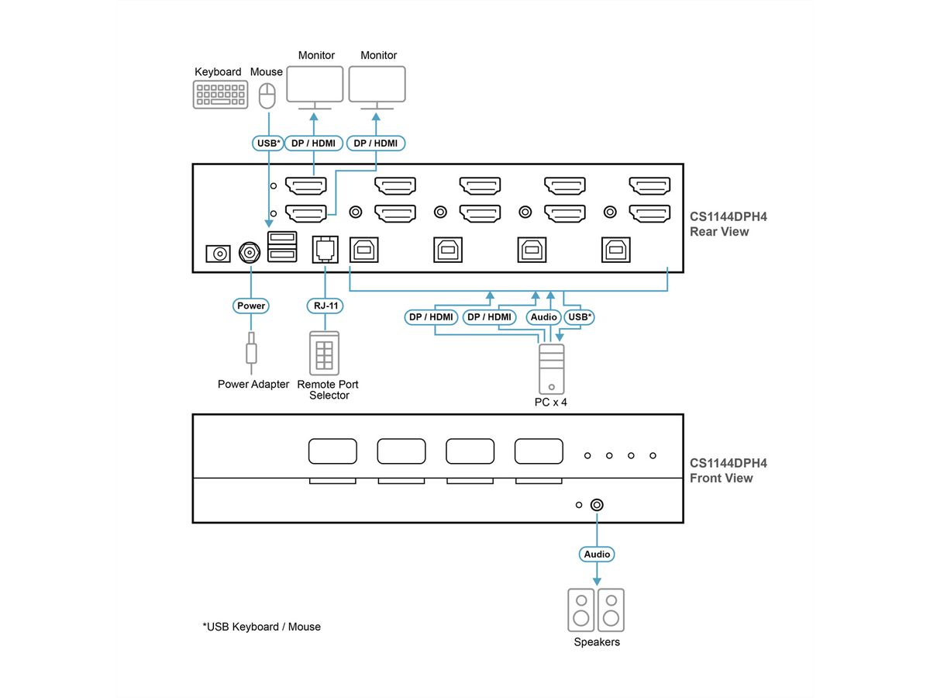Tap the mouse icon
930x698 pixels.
point(267,96)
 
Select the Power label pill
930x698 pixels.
point(251,306)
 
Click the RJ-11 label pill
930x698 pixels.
point(324,306)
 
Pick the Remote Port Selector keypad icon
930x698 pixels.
point(324,354)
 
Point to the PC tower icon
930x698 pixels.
point(551,368)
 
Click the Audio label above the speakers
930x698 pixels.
point(597,555)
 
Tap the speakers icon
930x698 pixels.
point(597,610)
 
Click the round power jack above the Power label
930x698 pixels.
point(250,252)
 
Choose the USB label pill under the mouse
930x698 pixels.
point(268,143)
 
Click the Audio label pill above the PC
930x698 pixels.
point(544,317)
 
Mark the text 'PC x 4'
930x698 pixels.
point(551,403)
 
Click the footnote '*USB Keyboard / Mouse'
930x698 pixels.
point(261,627)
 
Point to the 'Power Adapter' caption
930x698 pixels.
point(253,384)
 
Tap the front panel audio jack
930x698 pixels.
point(597,505)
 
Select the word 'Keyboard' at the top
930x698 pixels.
point(218,72)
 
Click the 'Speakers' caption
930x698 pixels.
point(597,642)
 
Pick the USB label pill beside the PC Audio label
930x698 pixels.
point(580,317)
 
